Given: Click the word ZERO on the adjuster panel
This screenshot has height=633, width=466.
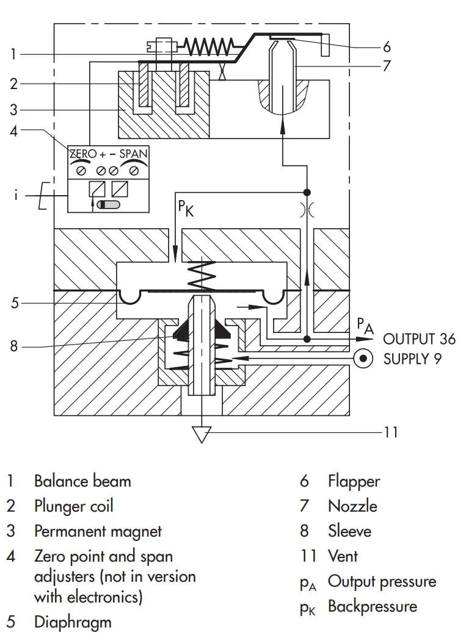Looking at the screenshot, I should coord(83,154).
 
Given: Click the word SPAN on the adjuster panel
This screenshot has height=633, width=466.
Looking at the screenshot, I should coord(134,154).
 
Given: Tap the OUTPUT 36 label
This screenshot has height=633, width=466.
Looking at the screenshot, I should coord(419,339).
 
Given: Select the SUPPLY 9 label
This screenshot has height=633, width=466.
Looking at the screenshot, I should coord(412,359).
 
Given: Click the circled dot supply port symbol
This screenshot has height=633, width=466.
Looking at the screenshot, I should coord(363,359).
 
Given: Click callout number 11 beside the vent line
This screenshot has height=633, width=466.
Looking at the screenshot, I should coord(390,432).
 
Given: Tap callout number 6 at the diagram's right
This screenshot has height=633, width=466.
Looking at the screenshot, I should coord(386,46).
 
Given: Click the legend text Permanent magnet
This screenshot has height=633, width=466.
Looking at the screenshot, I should coord(98,531).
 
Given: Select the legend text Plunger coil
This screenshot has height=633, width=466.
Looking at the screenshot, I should coord(73,506).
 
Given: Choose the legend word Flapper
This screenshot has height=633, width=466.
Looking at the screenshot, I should coord(354,481).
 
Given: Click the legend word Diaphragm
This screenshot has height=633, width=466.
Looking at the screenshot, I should coord(73,623).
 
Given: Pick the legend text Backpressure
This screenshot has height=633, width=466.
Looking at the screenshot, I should coord(372,606).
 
